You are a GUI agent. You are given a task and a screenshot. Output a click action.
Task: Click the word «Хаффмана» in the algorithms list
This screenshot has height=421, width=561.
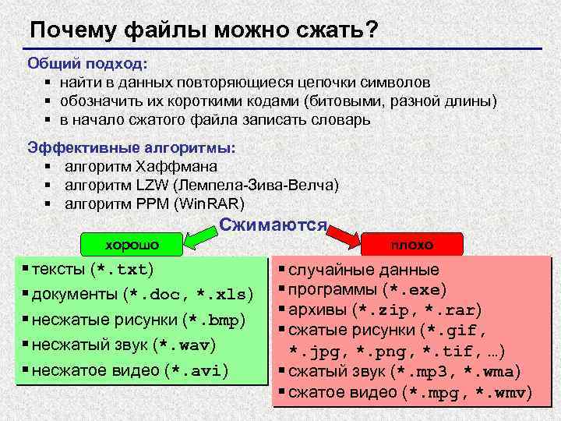click(x=176, y=166)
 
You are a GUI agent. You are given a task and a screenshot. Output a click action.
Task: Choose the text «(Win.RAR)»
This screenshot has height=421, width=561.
click(x=210, y=204)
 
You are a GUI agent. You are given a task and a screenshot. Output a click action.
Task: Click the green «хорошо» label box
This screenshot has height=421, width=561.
click(x=132, y=244)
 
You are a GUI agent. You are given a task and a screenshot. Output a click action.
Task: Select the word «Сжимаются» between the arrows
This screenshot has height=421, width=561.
click(x=273, y=225)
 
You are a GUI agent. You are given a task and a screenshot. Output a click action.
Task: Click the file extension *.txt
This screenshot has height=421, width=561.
click(x=121, y=270)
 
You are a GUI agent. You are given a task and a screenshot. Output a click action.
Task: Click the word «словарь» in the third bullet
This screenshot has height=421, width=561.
click(x=345, y=120)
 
